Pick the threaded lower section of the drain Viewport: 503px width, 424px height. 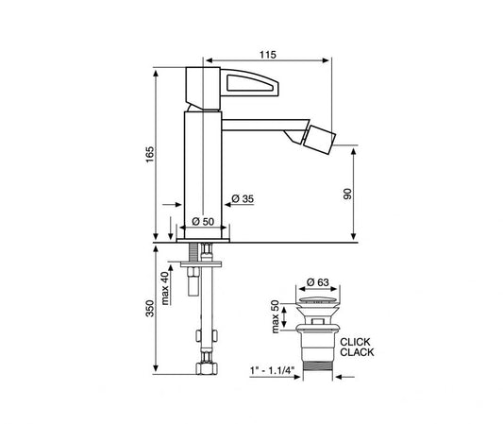(315, 353)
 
